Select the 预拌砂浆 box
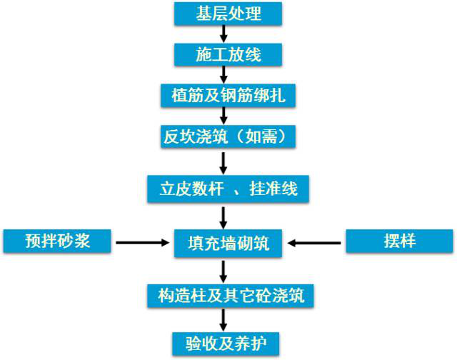(57, 241)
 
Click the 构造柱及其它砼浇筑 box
(227, 294)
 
